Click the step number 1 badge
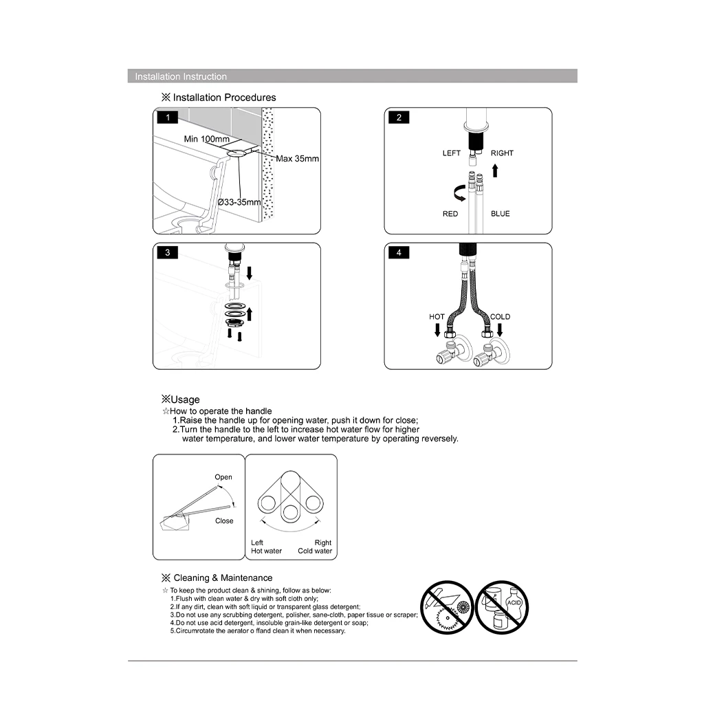(167, 118)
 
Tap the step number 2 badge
(399, 118)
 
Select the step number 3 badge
(167, 253)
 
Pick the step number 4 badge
(399, 253)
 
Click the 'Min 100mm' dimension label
(206, 139)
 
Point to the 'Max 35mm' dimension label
(298, 159)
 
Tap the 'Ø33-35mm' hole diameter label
(239, 202)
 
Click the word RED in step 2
(450, 214)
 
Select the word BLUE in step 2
(500, 214)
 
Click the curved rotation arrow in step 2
(455, 192)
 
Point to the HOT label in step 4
(437, 317)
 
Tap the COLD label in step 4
(500, 317)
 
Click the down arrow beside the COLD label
(500, 331)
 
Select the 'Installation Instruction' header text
(181, 76)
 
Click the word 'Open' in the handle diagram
(223, 477)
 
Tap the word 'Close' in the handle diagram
(224, 521)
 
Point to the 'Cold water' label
(315, 551)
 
